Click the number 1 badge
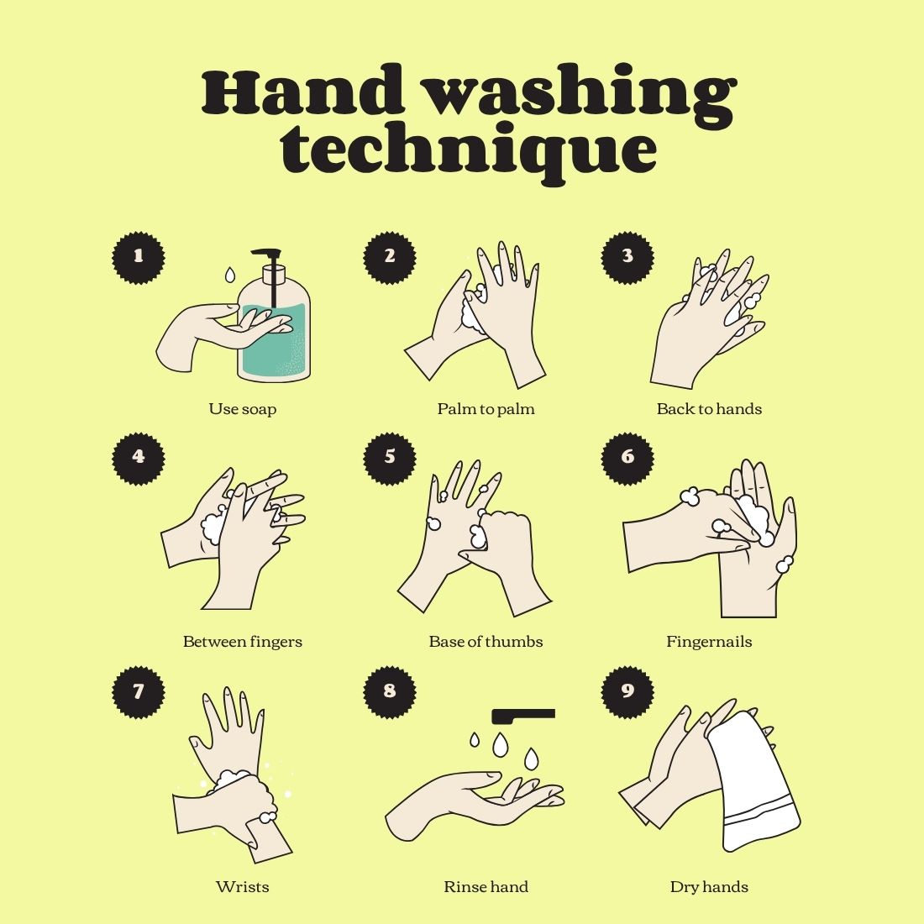point(139,258)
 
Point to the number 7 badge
point(139,692)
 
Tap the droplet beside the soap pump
point(230,274)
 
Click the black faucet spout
point(522,716)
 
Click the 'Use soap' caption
point(242,409)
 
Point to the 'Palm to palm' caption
point(486,409)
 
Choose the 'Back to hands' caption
point(709,409)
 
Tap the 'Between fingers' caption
point(242,642)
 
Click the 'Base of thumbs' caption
point(486,641)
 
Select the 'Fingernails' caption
point(709,642)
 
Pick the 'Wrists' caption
point(242,887)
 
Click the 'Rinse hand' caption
point(486,887)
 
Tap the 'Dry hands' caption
point(709,888)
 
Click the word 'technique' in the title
point(469,151)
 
